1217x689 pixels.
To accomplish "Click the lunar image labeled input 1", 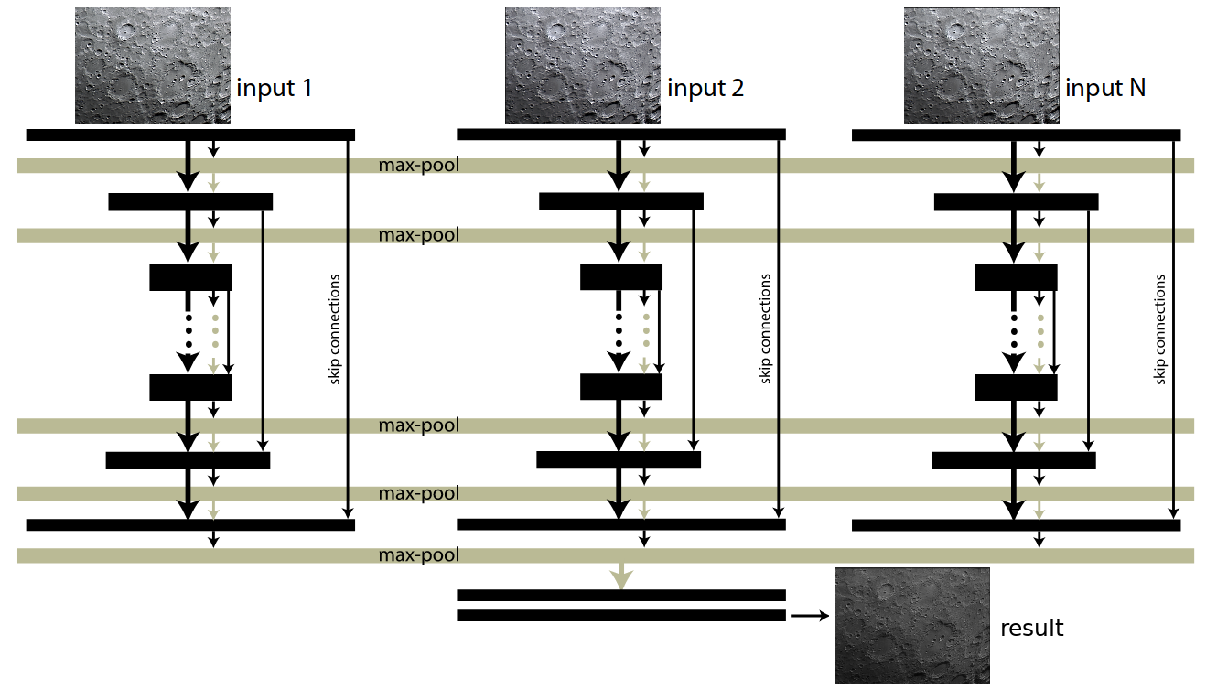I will point(153,66).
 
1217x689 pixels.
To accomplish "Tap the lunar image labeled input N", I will point(981,66).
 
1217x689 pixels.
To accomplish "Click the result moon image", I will point(912,625).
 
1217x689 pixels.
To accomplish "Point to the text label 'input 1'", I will point(275,89).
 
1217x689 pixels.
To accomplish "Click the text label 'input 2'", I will point(705,89).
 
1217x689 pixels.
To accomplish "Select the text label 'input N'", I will point(1105,89).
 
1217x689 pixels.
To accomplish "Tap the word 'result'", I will point(1032,629).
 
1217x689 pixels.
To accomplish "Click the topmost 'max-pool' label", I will point(419,166).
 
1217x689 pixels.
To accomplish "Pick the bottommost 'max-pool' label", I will point(419,555).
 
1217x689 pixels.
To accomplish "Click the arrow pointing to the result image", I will point(808,616).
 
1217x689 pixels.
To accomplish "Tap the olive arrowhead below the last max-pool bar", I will point(621,577).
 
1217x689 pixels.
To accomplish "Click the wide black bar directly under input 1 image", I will point(190,135).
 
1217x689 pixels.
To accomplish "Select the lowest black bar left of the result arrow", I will point(621,616).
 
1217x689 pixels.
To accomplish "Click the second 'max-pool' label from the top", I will point(419,235).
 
